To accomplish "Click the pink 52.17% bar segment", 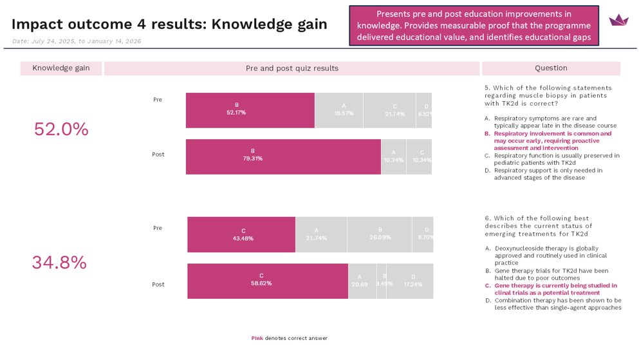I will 250,110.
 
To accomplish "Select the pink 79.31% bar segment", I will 283,156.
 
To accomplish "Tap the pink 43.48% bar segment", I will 241,234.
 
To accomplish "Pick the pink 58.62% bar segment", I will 267,281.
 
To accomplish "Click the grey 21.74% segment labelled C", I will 389,110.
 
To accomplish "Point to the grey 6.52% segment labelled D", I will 424,110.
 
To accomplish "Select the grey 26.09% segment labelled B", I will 379,234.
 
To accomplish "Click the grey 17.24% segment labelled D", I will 410,281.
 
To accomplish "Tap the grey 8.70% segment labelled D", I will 423,234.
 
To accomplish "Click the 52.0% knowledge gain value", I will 61,129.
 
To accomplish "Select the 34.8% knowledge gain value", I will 59,263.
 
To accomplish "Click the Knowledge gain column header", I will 61,68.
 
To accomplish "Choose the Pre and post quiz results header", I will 292,68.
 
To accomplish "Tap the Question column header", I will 551,68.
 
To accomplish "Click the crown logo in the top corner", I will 618,21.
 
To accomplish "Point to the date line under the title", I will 77,41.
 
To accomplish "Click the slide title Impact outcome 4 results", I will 169,24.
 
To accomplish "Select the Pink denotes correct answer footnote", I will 289,338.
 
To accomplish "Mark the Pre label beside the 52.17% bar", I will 158,100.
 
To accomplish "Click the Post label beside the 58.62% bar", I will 158,284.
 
